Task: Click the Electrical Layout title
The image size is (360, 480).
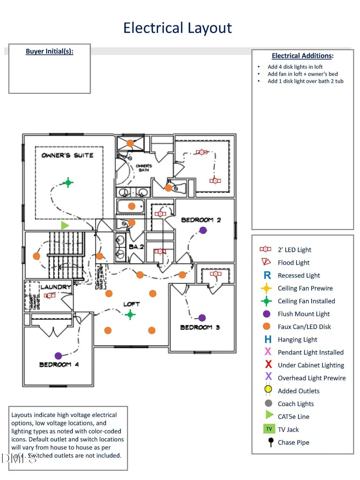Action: point(177,28)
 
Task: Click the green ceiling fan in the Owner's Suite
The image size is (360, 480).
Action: point(68,183)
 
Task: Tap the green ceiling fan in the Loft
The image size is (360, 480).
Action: point(130,314)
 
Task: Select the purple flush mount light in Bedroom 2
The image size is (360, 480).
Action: point(202,230)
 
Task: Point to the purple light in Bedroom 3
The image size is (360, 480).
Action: point(202,318)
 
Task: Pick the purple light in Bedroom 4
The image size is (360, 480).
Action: point(58,356)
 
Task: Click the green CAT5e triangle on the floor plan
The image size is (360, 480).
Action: point(65,225)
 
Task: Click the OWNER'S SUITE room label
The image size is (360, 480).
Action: point(67,155)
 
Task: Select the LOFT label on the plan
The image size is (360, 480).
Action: point(131,304)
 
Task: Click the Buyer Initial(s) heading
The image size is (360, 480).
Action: point(49,51)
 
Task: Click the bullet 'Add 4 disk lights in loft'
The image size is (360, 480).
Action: point(295,67)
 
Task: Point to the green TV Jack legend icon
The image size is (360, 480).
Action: point(269,429)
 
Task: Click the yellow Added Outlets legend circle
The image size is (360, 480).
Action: point(268,391)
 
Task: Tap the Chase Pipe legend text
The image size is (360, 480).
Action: point(293,442)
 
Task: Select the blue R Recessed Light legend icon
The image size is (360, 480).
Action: point(268,275)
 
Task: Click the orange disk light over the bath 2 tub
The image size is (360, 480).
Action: point(131,206)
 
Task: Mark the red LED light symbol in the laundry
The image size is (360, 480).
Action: point(50,295)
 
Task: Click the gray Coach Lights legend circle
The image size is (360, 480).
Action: point(268,404)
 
